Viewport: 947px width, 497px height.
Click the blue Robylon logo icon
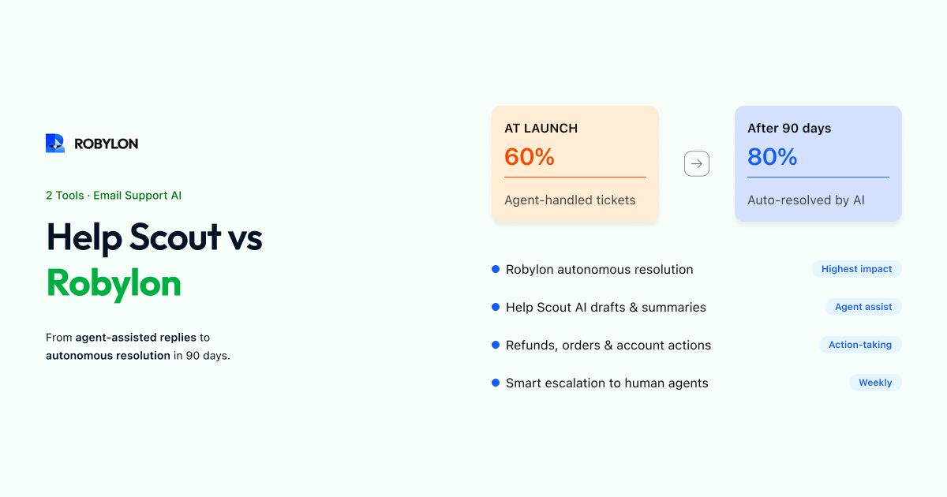click(x=55, y=144)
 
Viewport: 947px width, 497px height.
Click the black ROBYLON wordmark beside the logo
click(x=106, y=144)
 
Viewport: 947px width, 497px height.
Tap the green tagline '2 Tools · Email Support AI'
click(x=114, y=196)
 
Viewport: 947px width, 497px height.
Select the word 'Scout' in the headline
click(x=175, y=237)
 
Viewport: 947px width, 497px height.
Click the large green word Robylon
click(x=114, y=283)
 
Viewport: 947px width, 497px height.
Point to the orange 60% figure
click(x=530, y=157)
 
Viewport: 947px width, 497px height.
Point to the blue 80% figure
click(x=773, y=157)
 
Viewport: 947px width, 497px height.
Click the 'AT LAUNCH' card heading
click(x=541, y=128)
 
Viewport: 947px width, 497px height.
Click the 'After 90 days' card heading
click(x=789, y=128)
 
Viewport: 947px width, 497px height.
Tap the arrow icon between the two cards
click(x=697, y=163)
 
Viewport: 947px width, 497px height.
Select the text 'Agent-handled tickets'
click(x=570, y=200)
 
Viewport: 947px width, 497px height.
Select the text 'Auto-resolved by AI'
click(x=806, y=200)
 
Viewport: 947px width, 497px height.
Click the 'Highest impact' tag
click(x=856, y=269)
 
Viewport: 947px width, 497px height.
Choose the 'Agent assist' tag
click(x=863, y=307)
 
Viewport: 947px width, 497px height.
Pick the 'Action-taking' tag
click(x=860, y=345)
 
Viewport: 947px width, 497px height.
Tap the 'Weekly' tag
click(x=875, y=383)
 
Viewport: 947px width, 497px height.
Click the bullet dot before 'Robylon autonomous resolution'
click(x=496, y=269)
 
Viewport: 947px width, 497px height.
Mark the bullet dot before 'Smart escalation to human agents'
click(x=496, y=383)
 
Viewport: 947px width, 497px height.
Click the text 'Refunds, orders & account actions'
click(x=608, y=346)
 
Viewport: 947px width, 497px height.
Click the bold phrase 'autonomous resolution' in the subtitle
click(x=108, y=356)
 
